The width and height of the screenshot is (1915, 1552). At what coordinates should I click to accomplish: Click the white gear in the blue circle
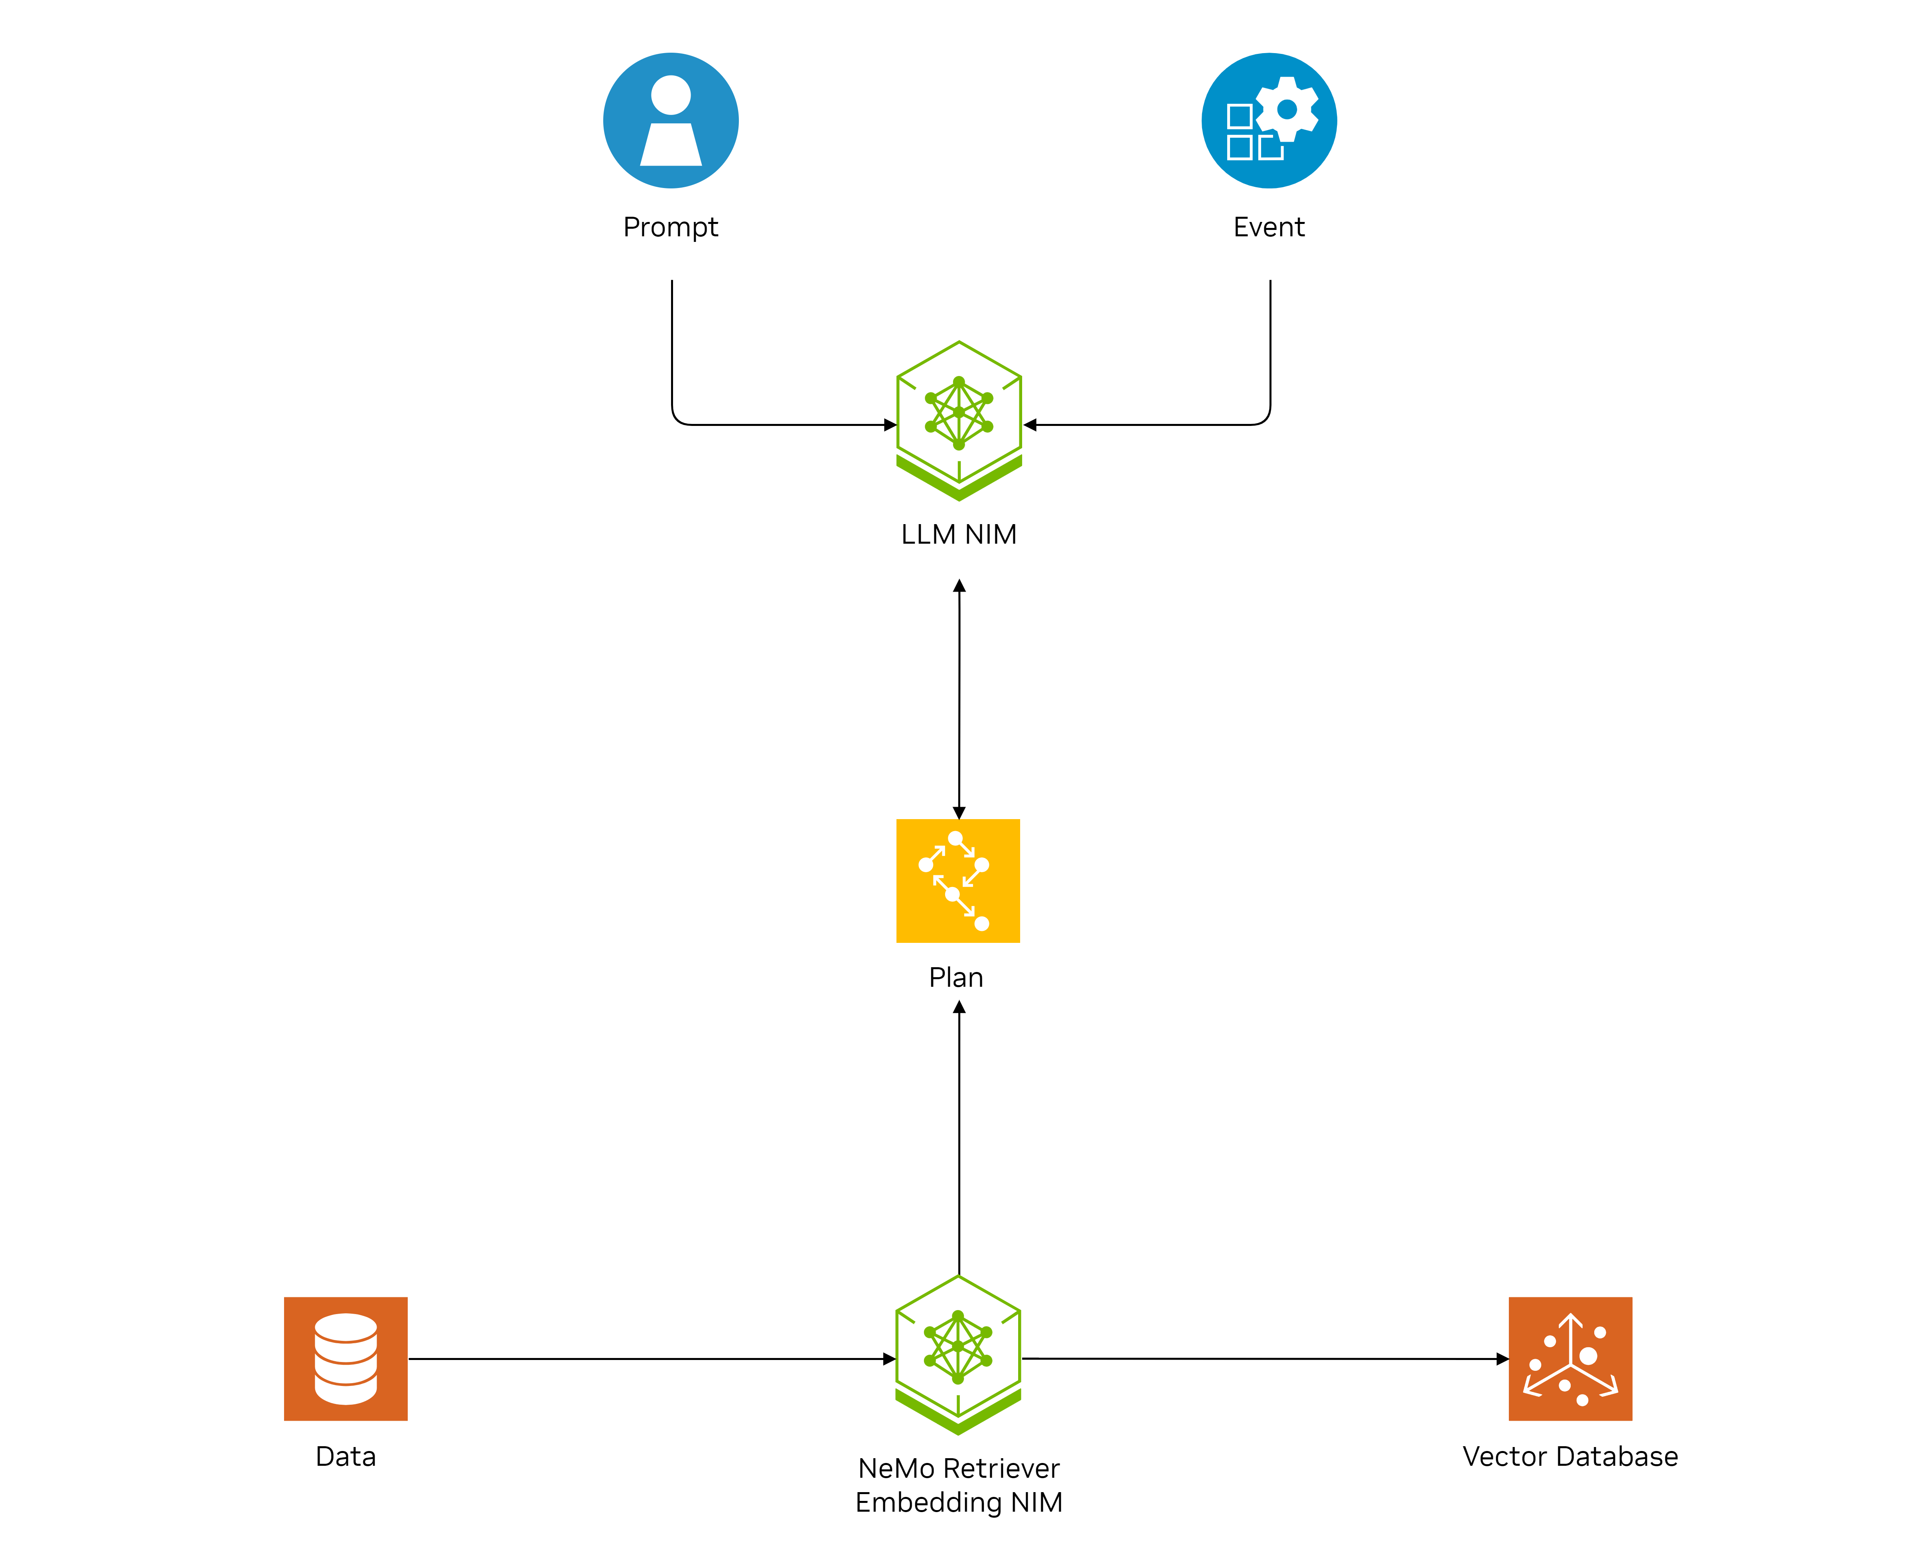1287,109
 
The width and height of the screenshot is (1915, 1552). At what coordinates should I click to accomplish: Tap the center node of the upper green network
959,412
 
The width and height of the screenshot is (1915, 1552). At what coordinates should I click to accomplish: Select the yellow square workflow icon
958,881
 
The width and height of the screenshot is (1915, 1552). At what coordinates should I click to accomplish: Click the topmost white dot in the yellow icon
955,838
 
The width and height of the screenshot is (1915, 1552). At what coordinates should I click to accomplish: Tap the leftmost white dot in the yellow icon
926,865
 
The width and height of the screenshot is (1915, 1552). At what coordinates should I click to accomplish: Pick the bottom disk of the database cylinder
346,1390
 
